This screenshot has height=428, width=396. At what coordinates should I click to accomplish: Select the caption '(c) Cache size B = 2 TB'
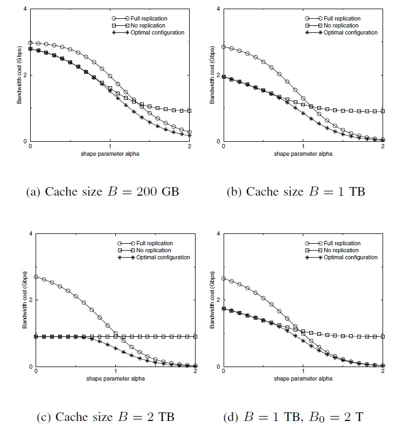coord(100,417)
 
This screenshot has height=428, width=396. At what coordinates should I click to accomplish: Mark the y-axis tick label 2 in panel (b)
coord(218,75)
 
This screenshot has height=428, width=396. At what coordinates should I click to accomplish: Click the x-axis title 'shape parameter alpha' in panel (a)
coord(110,153)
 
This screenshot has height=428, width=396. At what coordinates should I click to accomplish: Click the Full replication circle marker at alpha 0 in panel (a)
coord(30,43)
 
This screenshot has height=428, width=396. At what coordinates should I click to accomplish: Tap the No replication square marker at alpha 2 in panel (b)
coord(383,111)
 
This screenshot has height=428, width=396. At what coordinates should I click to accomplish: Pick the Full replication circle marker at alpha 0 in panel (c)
coord(36,277)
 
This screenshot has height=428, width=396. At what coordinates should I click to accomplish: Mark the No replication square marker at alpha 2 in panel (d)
coord(383,336)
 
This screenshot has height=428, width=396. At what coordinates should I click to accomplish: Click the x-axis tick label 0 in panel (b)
coord(223,147)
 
